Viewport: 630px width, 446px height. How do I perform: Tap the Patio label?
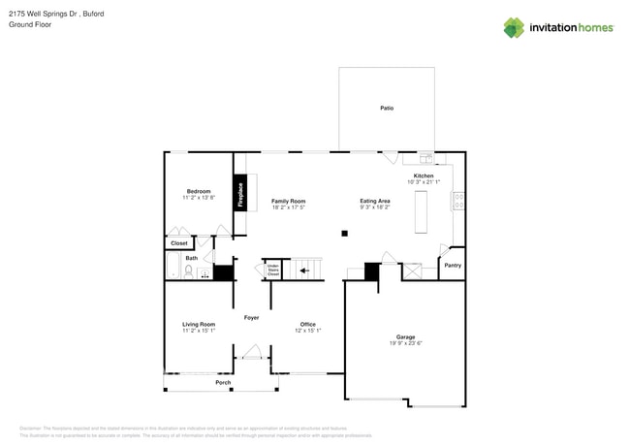point(387,108)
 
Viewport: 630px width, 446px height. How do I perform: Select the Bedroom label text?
point(198,191)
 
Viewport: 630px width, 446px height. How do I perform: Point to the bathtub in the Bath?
point(174,266)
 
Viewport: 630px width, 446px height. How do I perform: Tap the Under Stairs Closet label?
point(273,270)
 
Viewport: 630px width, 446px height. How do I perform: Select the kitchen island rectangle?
point(422,212)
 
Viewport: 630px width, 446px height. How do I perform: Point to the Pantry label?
point(452,265)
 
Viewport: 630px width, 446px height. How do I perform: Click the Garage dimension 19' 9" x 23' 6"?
point(404,343)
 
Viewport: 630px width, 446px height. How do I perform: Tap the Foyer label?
point(251,317)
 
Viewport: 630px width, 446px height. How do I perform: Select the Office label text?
point(307,324)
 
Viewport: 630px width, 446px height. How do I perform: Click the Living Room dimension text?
point(199,331)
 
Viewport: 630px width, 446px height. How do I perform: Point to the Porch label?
point(223,383)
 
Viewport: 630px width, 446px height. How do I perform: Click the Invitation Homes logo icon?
point(514,27)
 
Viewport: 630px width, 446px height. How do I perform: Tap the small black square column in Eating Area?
point(344,233)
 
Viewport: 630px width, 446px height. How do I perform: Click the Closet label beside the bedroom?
point(179,243)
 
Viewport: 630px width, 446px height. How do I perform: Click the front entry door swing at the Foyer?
point(252,352)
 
